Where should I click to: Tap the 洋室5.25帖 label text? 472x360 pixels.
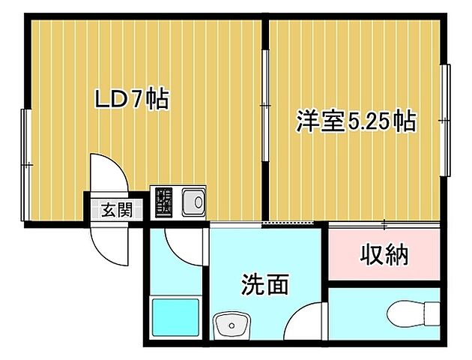click(x=356, y=121)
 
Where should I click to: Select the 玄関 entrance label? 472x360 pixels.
click(x=117, y=209)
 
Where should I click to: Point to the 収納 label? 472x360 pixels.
click(x=385, y=255)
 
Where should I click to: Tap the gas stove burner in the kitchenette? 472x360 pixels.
click(x=164, y=201)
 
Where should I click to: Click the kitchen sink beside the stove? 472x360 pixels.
click(x=192, y=201)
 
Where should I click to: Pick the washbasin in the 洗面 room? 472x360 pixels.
click(x=232, y=326)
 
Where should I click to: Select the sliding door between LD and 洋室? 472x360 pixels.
click(x=265, y=105)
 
